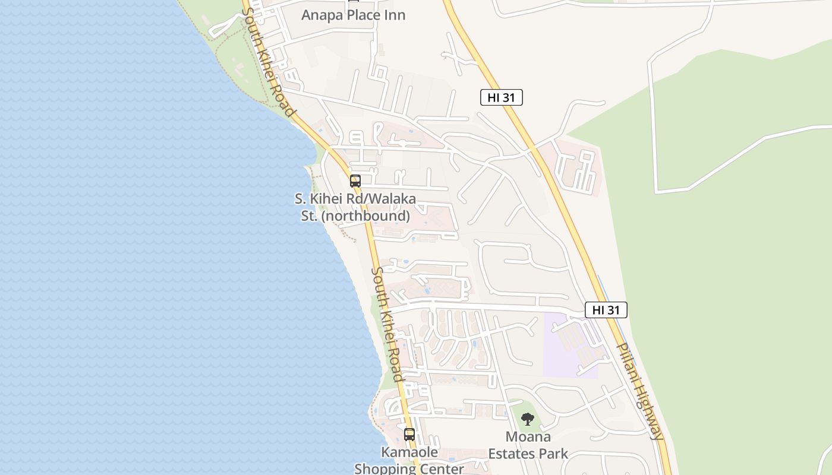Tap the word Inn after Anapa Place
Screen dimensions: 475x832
coord(393,15)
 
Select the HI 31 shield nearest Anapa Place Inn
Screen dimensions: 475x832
coord(501,98)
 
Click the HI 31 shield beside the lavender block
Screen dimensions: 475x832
coord(606,310)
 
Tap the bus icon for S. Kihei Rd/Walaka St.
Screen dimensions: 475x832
coord(355,181)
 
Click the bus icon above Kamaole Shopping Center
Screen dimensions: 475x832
coord(409,434)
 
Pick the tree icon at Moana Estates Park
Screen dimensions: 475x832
coord(527,419)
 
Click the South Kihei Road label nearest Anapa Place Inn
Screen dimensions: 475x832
coord(268,63)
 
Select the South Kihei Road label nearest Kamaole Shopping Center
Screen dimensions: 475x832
coord(387,324)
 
